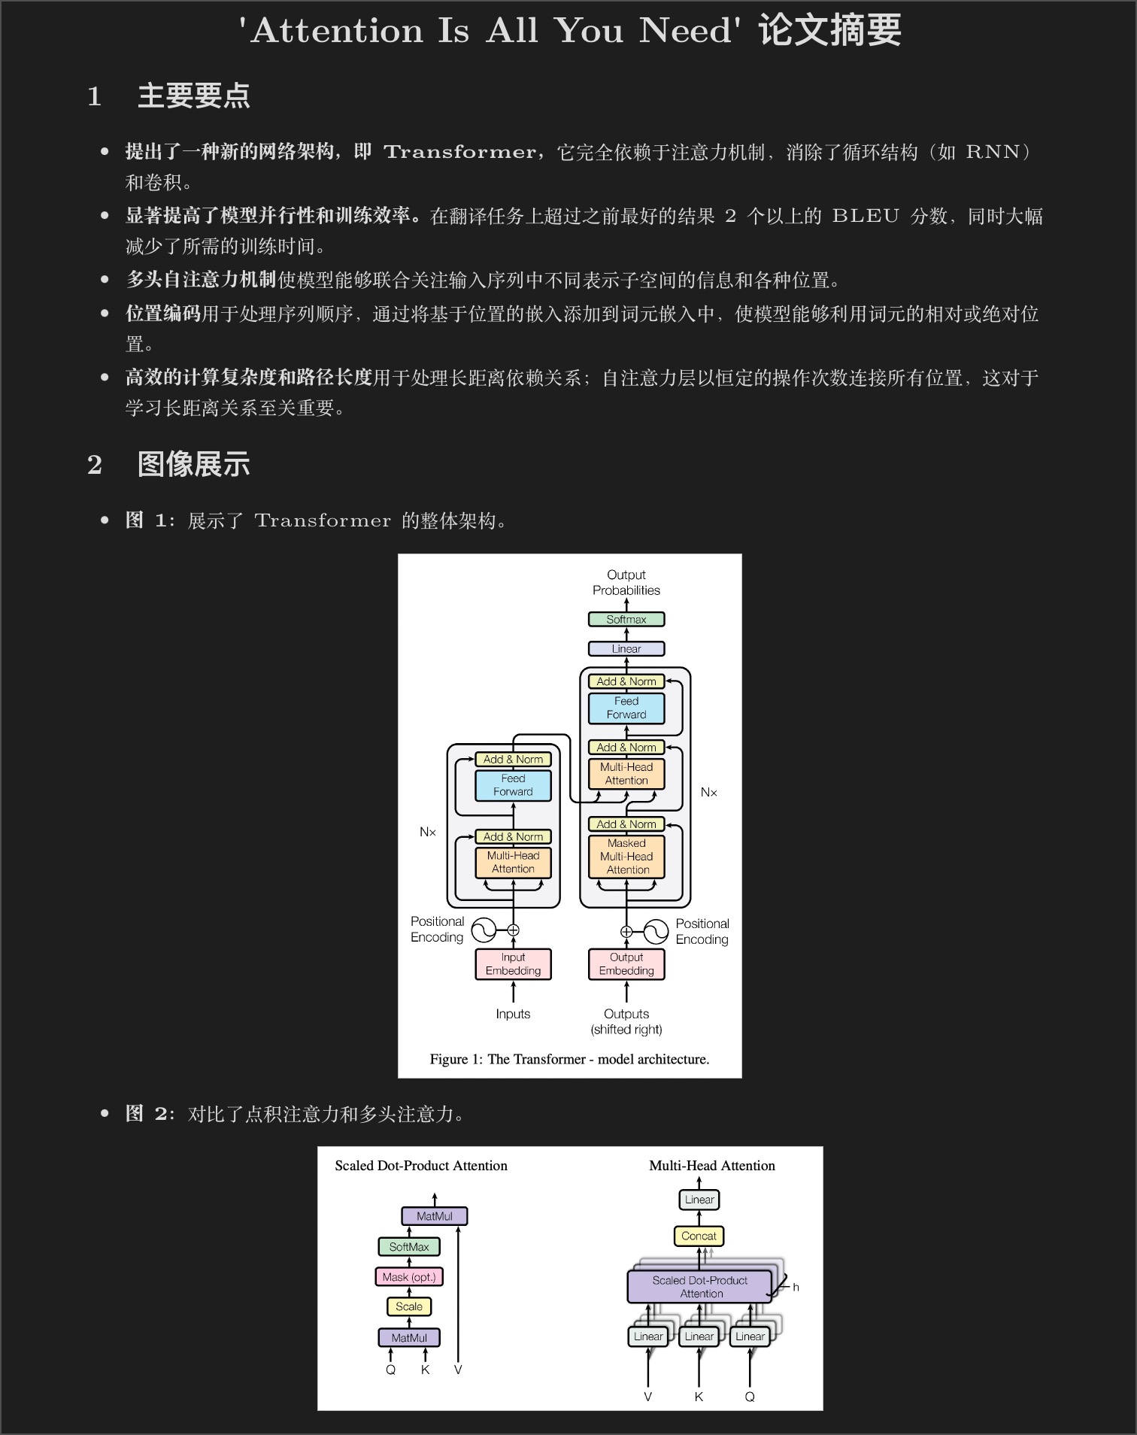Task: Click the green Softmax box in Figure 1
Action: [x=626, y=620]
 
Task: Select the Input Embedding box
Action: [x=513, y=964]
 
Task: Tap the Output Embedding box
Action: [x=626, y=964]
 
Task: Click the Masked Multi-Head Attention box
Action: [x=626, y=857]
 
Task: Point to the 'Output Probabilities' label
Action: [x=626, y=583]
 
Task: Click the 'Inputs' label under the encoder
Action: [x=513, y=1014]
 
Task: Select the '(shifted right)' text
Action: [x=626, y=1030]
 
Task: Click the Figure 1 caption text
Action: [x=569, y=1059]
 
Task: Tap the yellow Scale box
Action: [x=409, y=1307]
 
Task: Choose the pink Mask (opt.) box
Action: [x=409, y=1277]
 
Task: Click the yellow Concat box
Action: [x=699, y=1236]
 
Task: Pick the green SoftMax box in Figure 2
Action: [x=409, y=1247]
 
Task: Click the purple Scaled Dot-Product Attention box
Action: [x=699, y=1287]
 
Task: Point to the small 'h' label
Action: [x=796, y=1288]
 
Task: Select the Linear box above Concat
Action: [x=699, y=1200]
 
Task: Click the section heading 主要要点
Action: [x=194, y=96]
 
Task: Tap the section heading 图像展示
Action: [x=194, y=465]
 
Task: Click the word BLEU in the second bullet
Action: [x=866, y=217]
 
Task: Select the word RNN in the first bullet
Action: [x=993, y=152]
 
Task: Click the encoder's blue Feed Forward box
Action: [x=513, y=785]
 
